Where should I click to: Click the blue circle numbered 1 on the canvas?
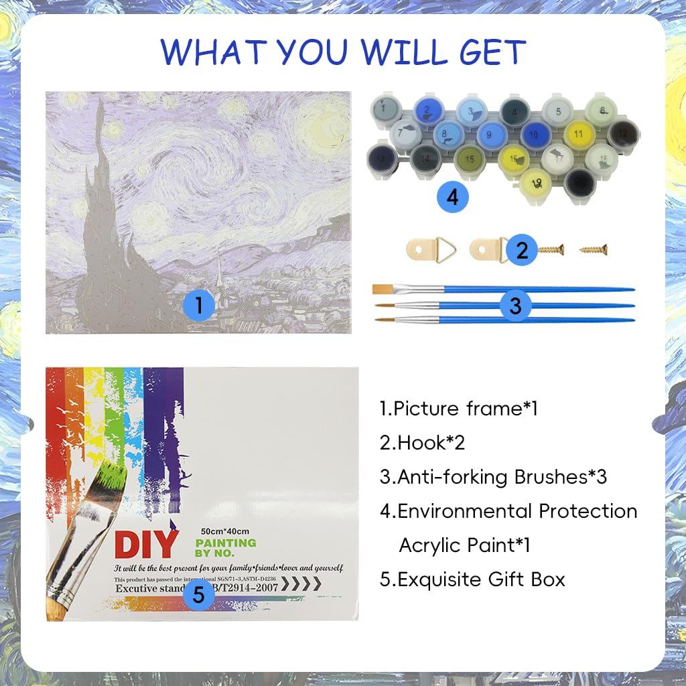click(198, 305)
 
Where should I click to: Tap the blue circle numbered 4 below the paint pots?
click(452, 197)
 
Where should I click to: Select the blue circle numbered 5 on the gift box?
click(198, 594)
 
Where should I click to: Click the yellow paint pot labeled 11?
click(579, 134)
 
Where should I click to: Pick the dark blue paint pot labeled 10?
click(535, 135)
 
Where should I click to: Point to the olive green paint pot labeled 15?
click(470, 159)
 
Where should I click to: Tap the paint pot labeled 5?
click(557, 111)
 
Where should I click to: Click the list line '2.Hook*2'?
click(422, 443)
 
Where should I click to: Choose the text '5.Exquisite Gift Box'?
click(472, 579)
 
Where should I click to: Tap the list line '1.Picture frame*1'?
click(459, 409)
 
